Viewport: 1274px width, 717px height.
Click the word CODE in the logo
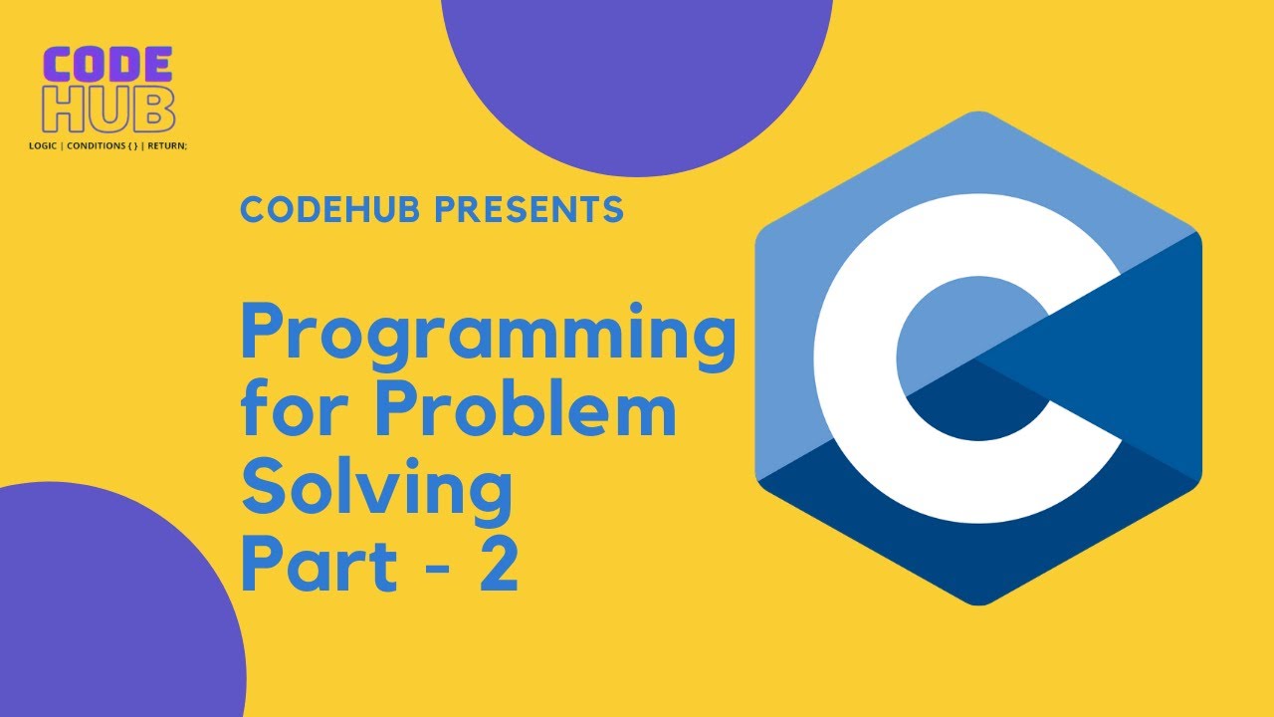108,67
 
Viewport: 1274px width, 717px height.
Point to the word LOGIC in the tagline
43,145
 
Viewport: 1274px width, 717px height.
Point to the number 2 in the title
499,566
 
